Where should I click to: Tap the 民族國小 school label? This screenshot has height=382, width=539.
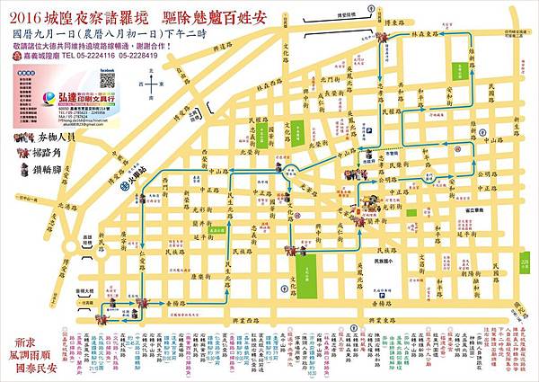click(388, 261)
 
